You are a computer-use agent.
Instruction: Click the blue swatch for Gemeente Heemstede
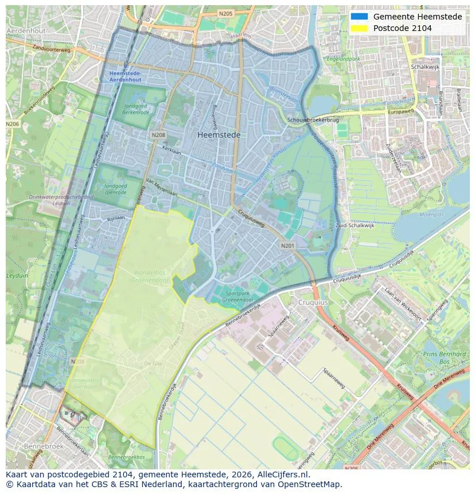pos(359,17)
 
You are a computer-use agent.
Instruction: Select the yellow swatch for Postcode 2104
pos(359,28)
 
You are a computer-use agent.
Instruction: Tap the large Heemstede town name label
pos(219,135)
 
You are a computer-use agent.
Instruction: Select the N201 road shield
pos(287,245)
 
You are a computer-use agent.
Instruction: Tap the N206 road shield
pos(12,124)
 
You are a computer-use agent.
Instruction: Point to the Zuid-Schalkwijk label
pos(355,225)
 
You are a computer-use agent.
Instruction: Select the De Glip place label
pos(153,364)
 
